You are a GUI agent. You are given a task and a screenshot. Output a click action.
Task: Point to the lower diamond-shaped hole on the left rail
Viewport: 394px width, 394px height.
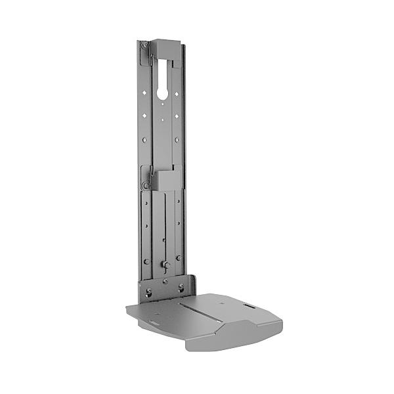[x=146, y=116]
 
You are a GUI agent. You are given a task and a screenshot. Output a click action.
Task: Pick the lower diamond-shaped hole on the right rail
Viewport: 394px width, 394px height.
[x=177, y=116]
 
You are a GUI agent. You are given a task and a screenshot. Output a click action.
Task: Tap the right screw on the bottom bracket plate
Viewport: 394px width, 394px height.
[x=181, y=288]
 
